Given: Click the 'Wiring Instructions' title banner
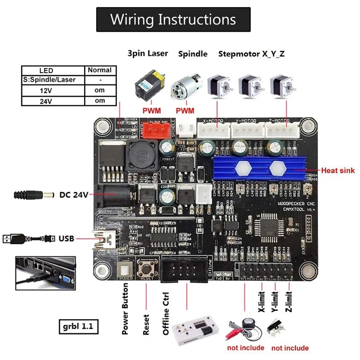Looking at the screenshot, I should pyautogui.click(x=173, y=19).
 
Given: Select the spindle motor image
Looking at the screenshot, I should pyautogui.click(x=185, y=87).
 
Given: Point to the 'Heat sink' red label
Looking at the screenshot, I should pyautogui.click(x=338, y=171).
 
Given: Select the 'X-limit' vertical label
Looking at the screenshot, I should pyautogui.click(x=261, y=302).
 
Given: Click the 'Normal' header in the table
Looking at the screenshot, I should pyautogui.click(x=99, y=70).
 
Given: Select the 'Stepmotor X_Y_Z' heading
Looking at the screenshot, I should pyautogui.click(x=252, y=54).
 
